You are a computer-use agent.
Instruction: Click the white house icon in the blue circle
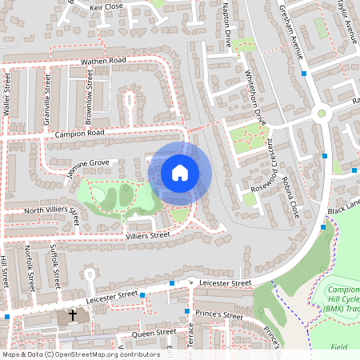pyautogui.click(x=180, y=172)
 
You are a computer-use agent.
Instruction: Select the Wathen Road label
pyautogui.click(x=102, y=61)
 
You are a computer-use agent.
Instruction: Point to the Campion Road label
pyautogui.click(x=81, y=133)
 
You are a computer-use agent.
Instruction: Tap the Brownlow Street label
pyautogui.click(x=90, y=97)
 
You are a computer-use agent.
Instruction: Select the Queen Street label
pyautogui.click(x=154, y=332)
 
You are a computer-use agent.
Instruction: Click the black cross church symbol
pyautogui.click(x=73, y=315)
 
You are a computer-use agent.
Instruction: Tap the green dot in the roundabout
pyautogui.click(x=322, y=113)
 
